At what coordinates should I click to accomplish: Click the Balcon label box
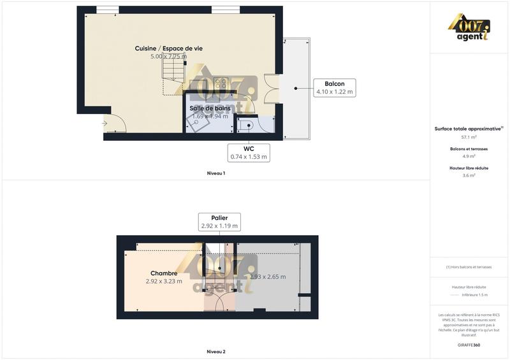coord(335,88)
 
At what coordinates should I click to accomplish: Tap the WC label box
coord(249,152)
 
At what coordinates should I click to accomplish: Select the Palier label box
coord(219,222)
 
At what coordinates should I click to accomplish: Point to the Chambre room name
coord(164,273)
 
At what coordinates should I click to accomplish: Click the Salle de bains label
coord(210,108)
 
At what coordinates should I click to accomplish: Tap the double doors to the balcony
coord(272,89)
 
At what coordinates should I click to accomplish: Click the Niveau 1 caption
coord(216,173)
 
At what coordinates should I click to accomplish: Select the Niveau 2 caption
coord(216,352)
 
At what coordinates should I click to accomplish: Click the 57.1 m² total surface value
coord(469,137)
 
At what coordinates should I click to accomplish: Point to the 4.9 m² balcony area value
coord(469,156)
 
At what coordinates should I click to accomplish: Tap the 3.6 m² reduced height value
coord(469,175)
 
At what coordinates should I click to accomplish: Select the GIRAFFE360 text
coord(469,345)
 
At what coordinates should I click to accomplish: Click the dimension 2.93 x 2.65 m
coord(268,277)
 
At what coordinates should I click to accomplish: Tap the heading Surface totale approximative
coord(468,129)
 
